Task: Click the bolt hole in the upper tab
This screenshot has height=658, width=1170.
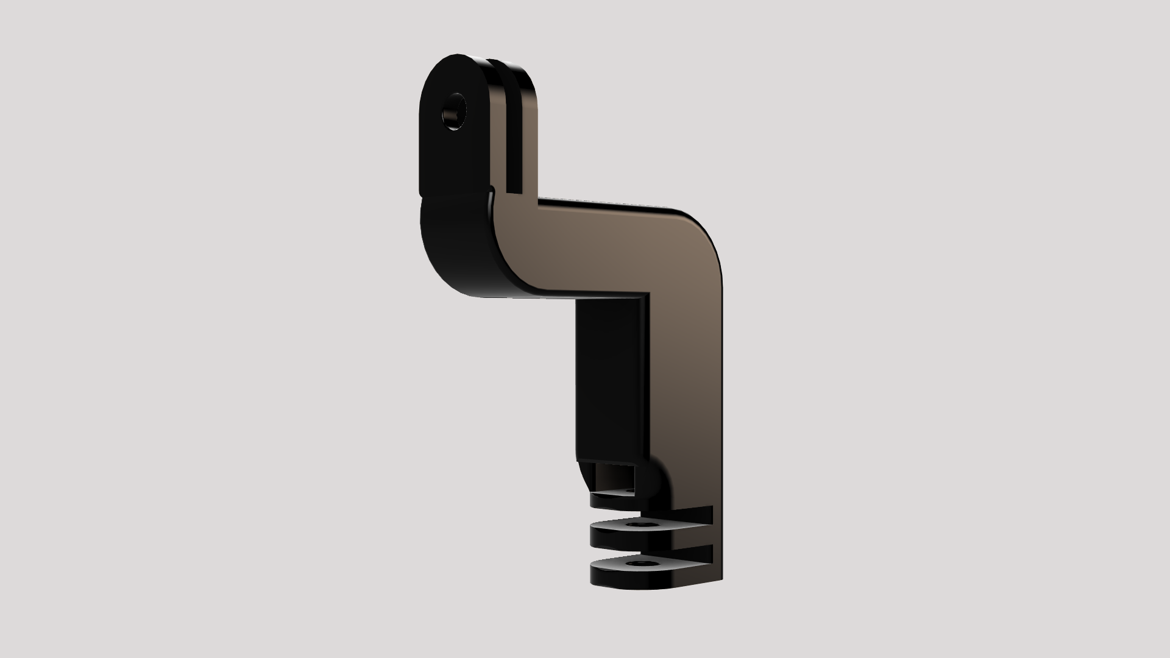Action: point(455,112)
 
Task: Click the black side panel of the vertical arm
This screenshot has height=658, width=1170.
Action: point(609,378)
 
